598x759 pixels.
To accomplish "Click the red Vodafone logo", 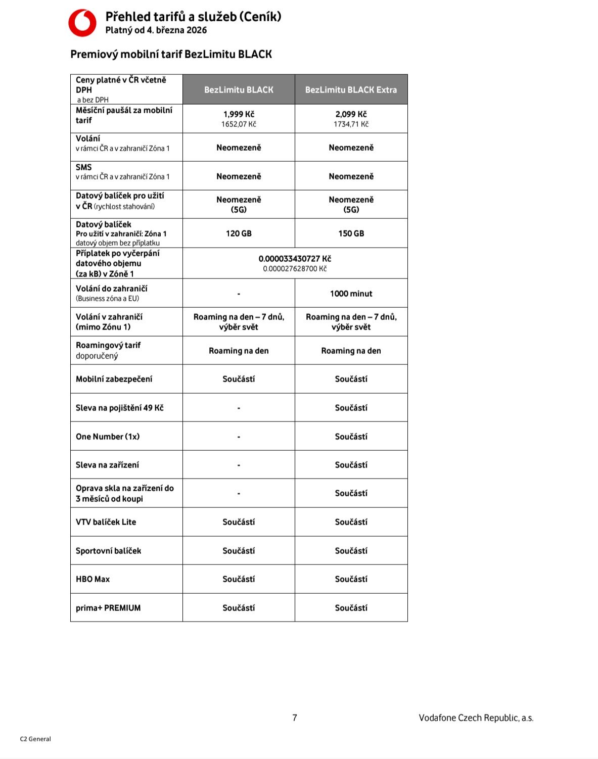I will click(x=82, y=23).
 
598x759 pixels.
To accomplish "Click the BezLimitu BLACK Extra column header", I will click(x=351, y=90).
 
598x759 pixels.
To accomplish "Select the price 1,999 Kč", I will click(x=239, y=114).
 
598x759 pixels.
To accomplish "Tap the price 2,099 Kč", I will click(x=351, y=114).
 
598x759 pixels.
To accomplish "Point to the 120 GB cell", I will click(x=239, y=233).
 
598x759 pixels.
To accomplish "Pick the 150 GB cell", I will click(x=351, y=233).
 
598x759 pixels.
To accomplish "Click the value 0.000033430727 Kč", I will click(x=295, y=259).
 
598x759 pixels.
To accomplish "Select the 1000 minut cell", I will click(x=351, y=294).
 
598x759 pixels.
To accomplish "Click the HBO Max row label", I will click(x=93, y=579).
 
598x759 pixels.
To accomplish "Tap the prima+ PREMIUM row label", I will click(x=108, y=608).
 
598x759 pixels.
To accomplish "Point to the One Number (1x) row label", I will click(x=108, y=437).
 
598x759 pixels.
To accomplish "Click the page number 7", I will click(x=295, y=718).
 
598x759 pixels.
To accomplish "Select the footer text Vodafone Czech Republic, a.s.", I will click(x=476, y=718).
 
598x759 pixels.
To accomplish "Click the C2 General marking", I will click(x=35, y=739).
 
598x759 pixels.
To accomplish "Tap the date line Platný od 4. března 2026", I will click(x=156, y=30).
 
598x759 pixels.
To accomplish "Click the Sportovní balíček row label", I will click(x=108, y=551).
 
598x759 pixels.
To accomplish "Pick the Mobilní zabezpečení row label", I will click(x=114, y=379).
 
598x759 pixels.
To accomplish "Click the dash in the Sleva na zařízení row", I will click(x=239, y=465).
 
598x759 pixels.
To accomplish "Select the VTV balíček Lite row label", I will click(x=106, y=522).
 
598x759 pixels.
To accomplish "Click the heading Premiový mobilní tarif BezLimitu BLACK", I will click(x=171, y=55).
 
